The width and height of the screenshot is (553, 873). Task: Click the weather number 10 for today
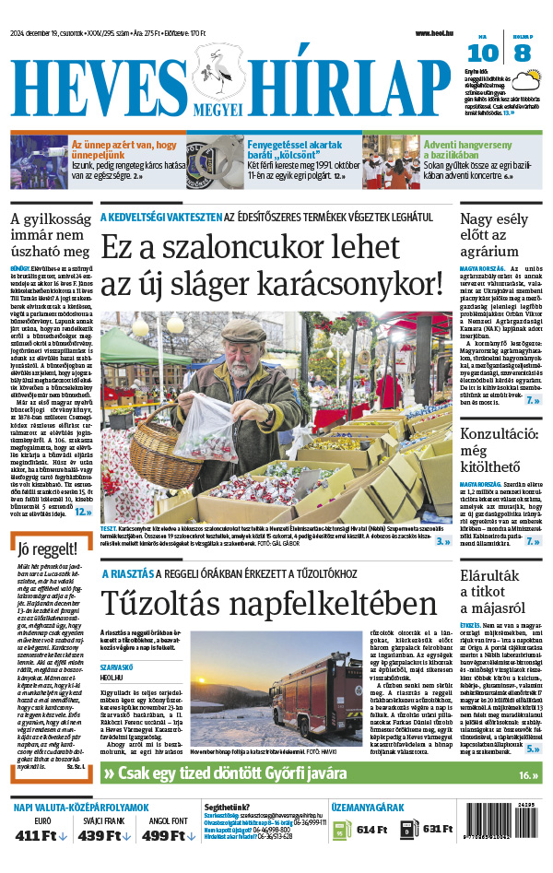(488, 53)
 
